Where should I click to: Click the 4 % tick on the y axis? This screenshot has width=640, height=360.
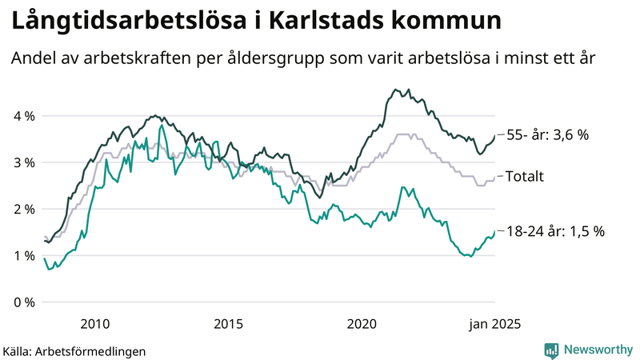click(x=23, y=116)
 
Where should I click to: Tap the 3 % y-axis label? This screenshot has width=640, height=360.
click(x=23, y=162)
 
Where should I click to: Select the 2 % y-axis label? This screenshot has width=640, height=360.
click(x=23, y=209)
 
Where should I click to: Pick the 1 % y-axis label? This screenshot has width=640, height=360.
click(x=23, y=255)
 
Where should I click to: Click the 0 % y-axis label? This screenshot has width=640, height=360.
click(x=23, y=302)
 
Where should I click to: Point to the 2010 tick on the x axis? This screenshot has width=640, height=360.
click(x=95, y=324)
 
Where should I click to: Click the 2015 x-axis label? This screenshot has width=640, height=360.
click(x=229, y=324)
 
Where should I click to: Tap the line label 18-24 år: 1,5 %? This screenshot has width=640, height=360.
click(x=556, y=230)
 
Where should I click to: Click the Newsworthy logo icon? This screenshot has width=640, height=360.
click(x=551, y=349)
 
